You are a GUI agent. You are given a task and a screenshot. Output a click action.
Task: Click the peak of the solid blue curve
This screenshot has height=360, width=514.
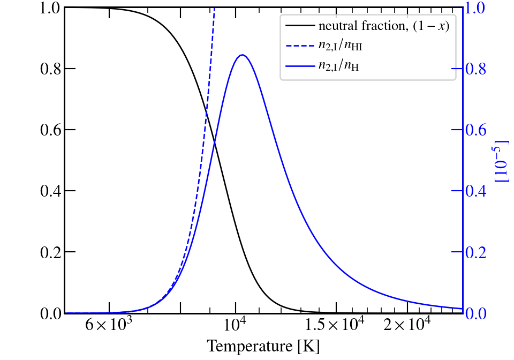click(242, 55)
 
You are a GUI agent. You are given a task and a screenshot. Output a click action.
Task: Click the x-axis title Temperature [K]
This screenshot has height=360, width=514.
click(263, 346)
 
